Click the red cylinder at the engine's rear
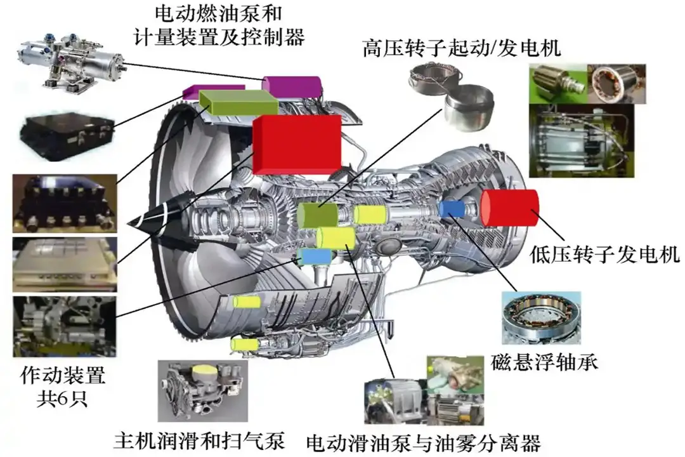509,208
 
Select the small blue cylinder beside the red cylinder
452,208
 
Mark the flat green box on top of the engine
238,102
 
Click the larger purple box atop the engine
290,86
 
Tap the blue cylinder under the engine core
316,256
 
